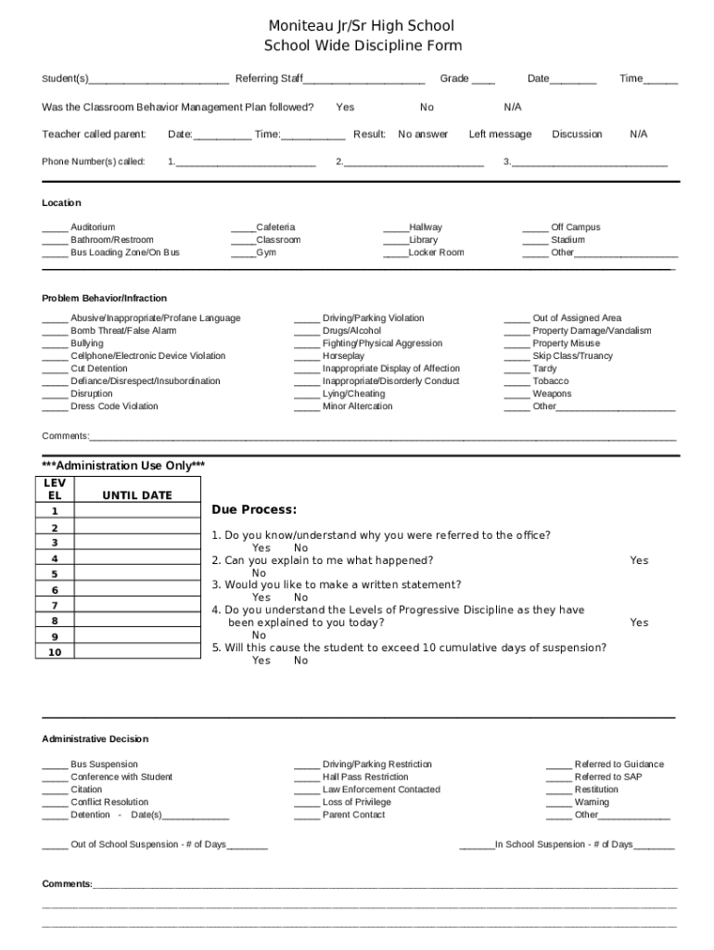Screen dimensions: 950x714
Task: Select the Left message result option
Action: (500, 135)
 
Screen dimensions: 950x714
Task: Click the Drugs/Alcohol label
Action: (351, 331)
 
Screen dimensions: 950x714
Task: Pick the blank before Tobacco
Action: (516, 382)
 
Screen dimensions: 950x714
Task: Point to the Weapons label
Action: (552, 394)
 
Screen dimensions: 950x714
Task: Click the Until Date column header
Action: (137, 495)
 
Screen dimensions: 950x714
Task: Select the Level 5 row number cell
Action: (55, 574)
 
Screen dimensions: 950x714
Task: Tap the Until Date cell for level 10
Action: (137, 652)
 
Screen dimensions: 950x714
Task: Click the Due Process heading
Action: (254, 510)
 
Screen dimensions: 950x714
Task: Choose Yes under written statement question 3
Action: (261, 598)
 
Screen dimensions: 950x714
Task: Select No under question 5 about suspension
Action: (301, 661)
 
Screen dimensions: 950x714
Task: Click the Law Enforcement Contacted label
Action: (381, 790)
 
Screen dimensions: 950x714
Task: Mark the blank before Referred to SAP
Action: (558, 778)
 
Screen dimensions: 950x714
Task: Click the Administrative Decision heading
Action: (95, 739)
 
